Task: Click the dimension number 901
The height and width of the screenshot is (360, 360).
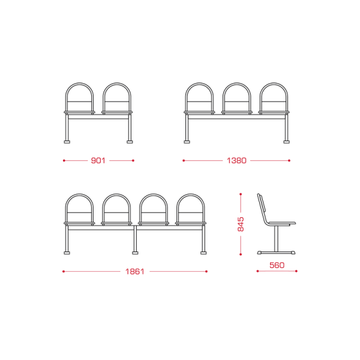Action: click(98, 160)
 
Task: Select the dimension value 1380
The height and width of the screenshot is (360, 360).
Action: click(236, 160)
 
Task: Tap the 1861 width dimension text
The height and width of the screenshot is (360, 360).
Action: click(135, 272)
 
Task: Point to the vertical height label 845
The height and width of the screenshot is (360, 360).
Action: click(241, 224)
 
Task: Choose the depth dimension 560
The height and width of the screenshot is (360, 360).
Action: click(277, 265)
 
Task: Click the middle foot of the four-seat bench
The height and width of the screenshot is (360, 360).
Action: click(135, 253)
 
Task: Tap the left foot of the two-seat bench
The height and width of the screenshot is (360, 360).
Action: click(67, 142)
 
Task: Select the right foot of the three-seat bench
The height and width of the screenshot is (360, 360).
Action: click(287, 142)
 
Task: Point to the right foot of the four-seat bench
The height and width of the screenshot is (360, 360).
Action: click(203, 253)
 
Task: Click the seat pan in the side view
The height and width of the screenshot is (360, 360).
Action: click(282, 223)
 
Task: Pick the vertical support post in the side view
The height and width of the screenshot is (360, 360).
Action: click(277, 238)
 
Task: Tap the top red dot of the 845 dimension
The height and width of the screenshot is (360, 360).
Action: click(241, 194)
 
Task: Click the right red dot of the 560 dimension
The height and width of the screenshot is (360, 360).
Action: click(296, 271)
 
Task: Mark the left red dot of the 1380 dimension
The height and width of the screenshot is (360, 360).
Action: click(184, 160)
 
